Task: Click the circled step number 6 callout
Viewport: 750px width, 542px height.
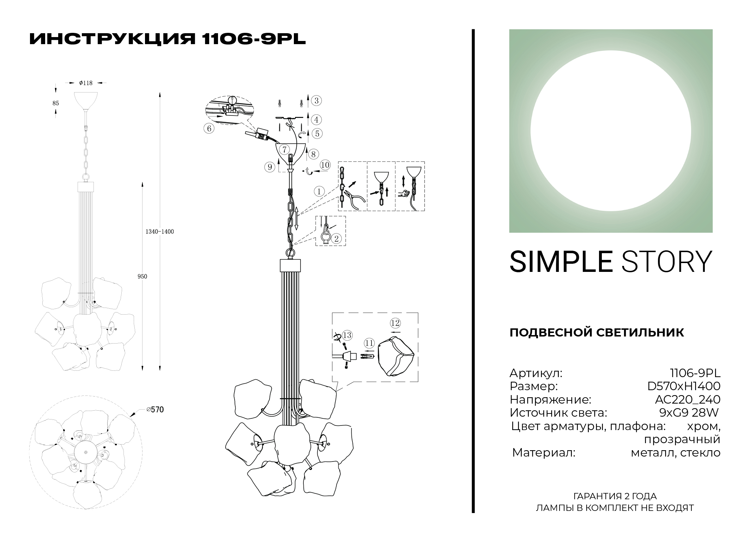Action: click(209, 129)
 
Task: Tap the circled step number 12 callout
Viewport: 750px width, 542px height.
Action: click(395, 323)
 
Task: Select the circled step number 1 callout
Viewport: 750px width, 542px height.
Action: click(319, 192)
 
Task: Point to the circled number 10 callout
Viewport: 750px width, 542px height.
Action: click(325, 165)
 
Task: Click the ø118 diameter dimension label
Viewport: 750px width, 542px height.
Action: click(86, 83)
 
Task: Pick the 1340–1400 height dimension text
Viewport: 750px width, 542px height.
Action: click(160, 232)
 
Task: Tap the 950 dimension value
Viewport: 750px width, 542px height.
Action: click(142, 276)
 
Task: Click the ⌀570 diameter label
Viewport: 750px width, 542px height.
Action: click(155, 410)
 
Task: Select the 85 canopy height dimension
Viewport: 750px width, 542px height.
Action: click(55, 103)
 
